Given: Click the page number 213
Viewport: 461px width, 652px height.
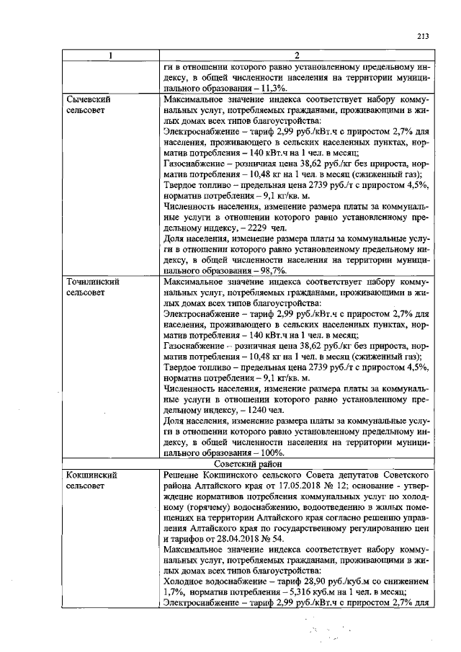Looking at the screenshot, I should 423,37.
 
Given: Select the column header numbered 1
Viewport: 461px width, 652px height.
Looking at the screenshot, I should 109,56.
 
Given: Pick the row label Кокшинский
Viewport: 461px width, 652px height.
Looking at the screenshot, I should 91,476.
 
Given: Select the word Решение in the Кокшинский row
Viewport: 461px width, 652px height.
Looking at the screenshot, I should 185,476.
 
